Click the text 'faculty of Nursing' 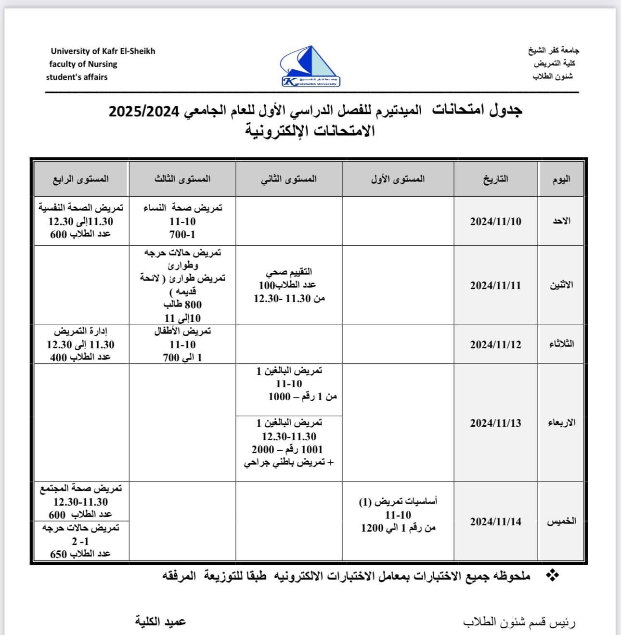[x=83, y=64]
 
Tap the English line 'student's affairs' [x=77, y=77]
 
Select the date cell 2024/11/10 [x=495, y=222]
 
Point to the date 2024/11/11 [x=495, y=285]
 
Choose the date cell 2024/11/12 [x=495, y=344]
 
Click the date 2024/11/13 [x=495, y=423]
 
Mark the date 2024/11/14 [x=495, y=521]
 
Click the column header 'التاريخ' [x=495, y=179]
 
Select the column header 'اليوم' [x=561, y=179]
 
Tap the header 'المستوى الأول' [x=398, y=179]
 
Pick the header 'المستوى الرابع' [x=81, y=179]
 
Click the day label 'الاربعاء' [x=561, y=423]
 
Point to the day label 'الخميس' [x=561, y=521]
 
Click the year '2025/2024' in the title [x=144, y=111]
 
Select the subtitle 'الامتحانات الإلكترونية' [x=310, y=131]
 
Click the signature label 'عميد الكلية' [x=160, y=622]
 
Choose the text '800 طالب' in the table [x=182, y=305]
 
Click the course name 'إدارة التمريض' [x=80, y=331]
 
